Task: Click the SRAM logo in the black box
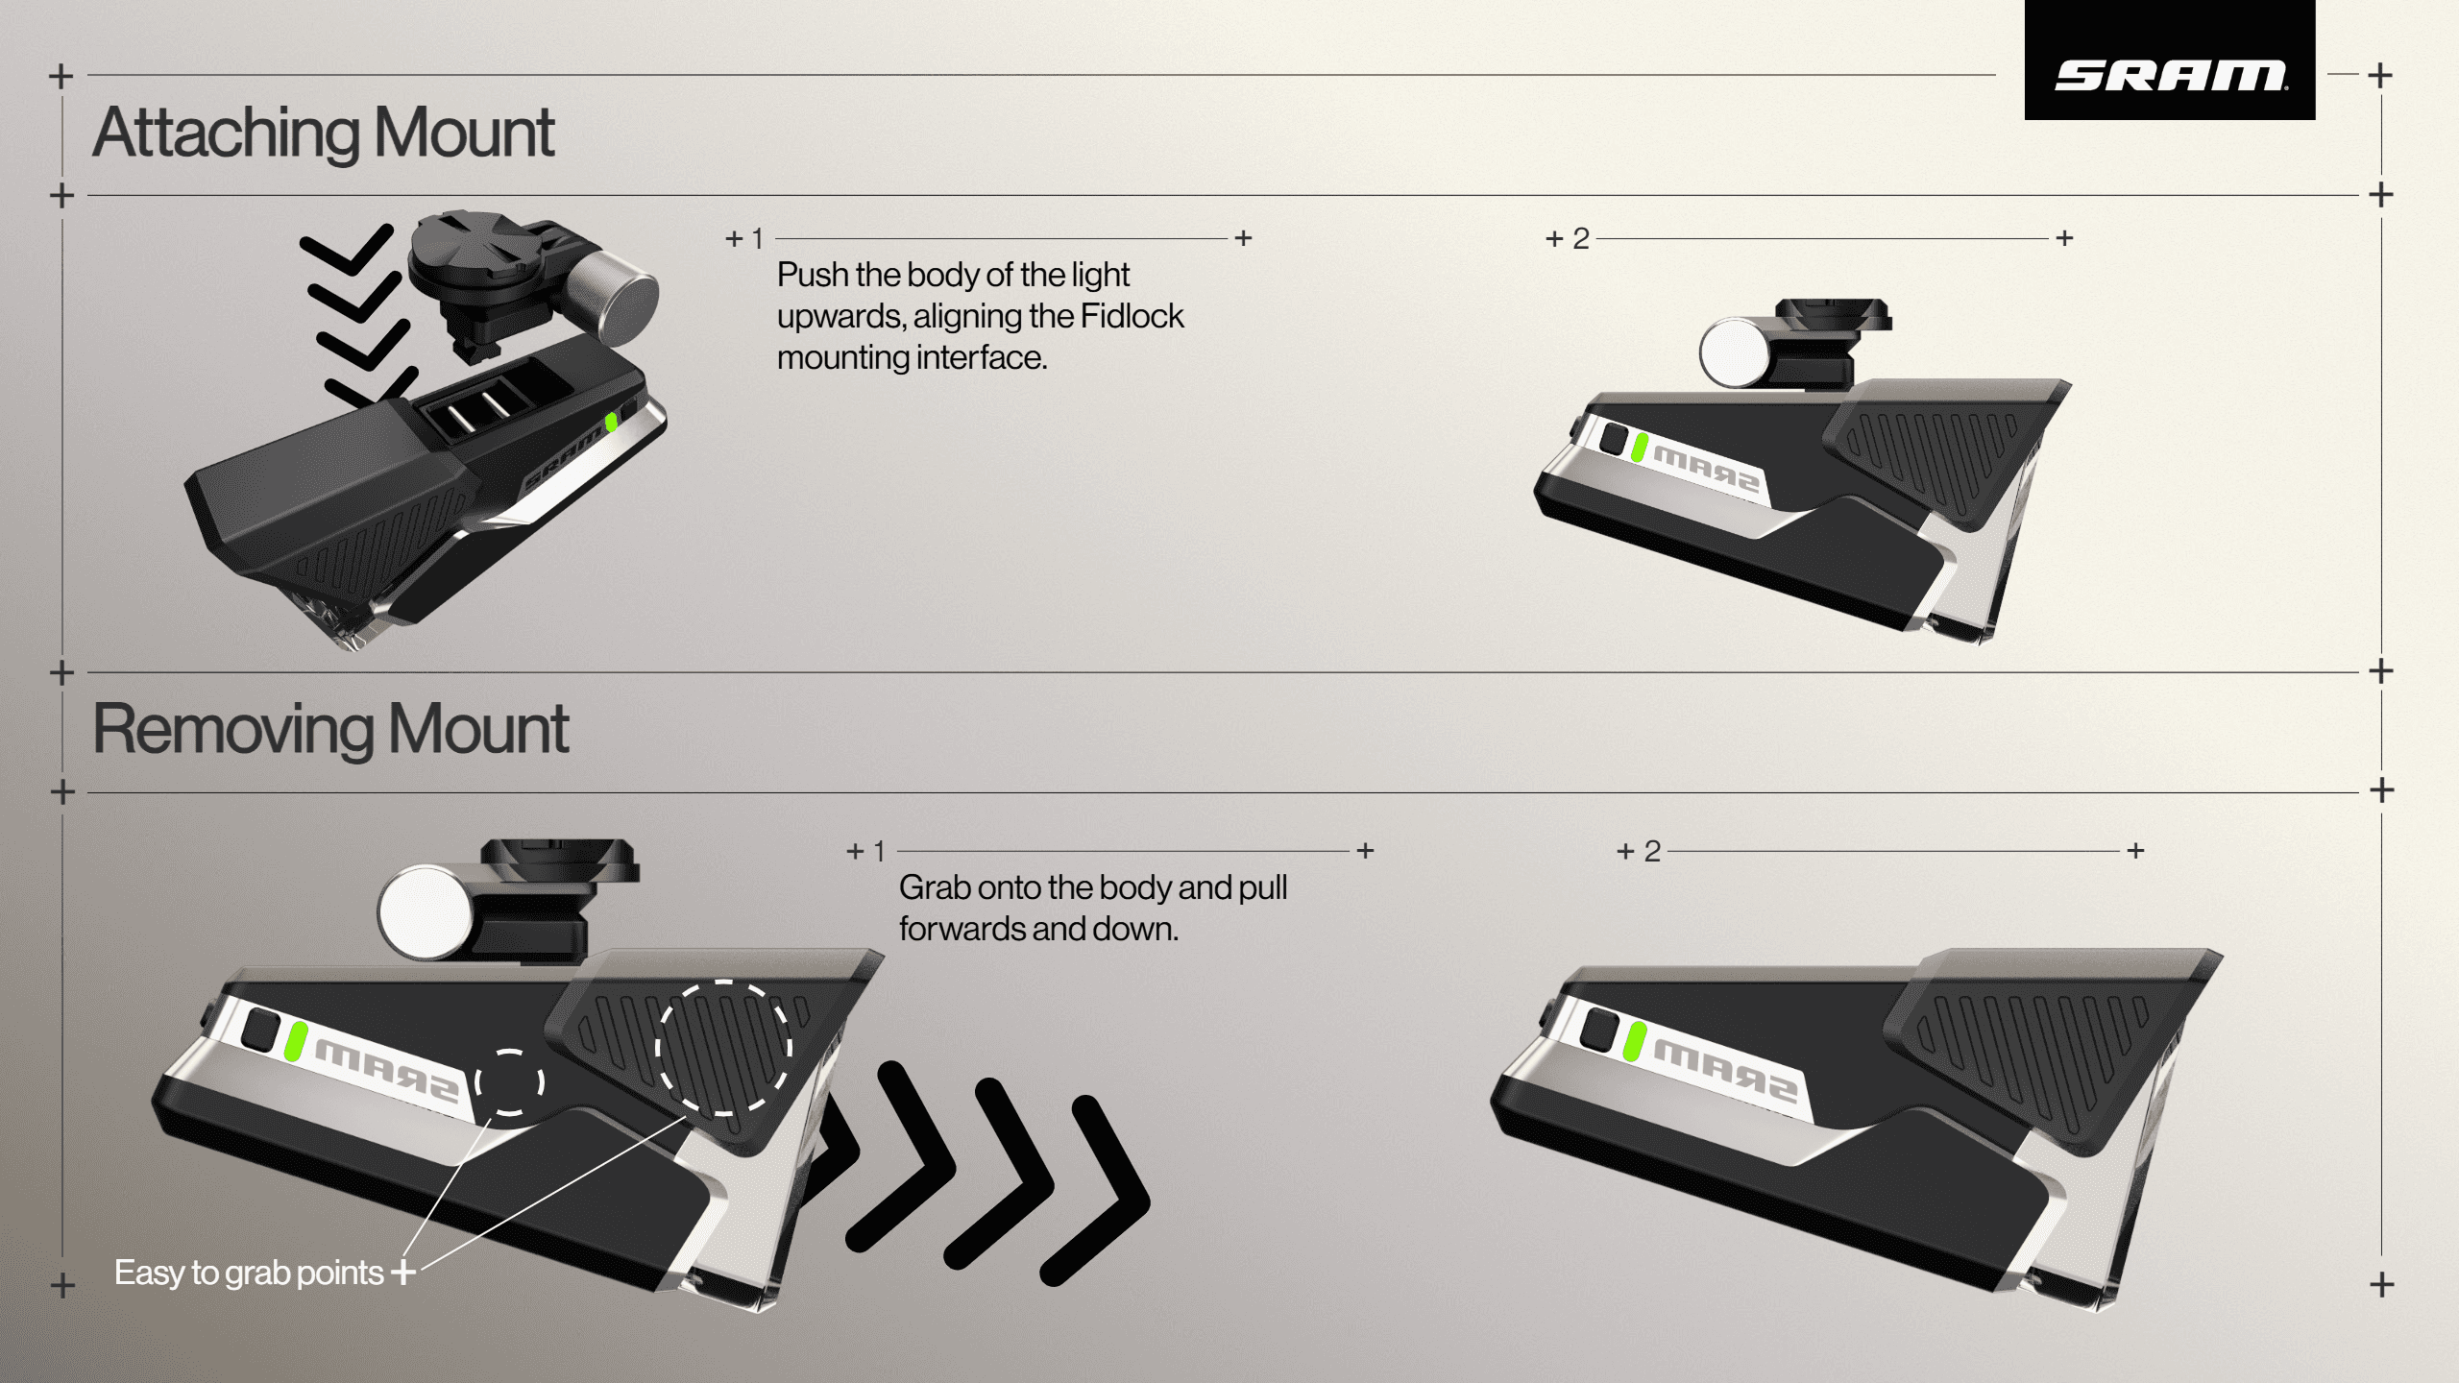[2170, 75]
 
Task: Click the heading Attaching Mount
[324, 133]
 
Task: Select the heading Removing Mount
[330, 730]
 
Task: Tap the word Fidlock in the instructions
[1132, 316]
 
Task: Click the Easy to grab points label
[249, 1273]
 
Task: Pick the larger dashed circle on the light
[724, 1048]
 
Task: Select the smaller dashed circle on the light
[510, 1082]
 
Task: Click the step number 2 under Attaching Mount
[1580, 239]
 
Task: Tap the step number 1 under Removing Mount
[878, 852]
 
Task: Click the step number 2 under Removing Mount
[1652, 852]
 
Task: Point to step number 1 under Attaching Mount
[757, 239]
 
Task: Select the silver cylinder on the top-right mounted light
[1735, 352]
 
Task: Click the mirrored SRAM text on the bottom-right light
[1724, 1074]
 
